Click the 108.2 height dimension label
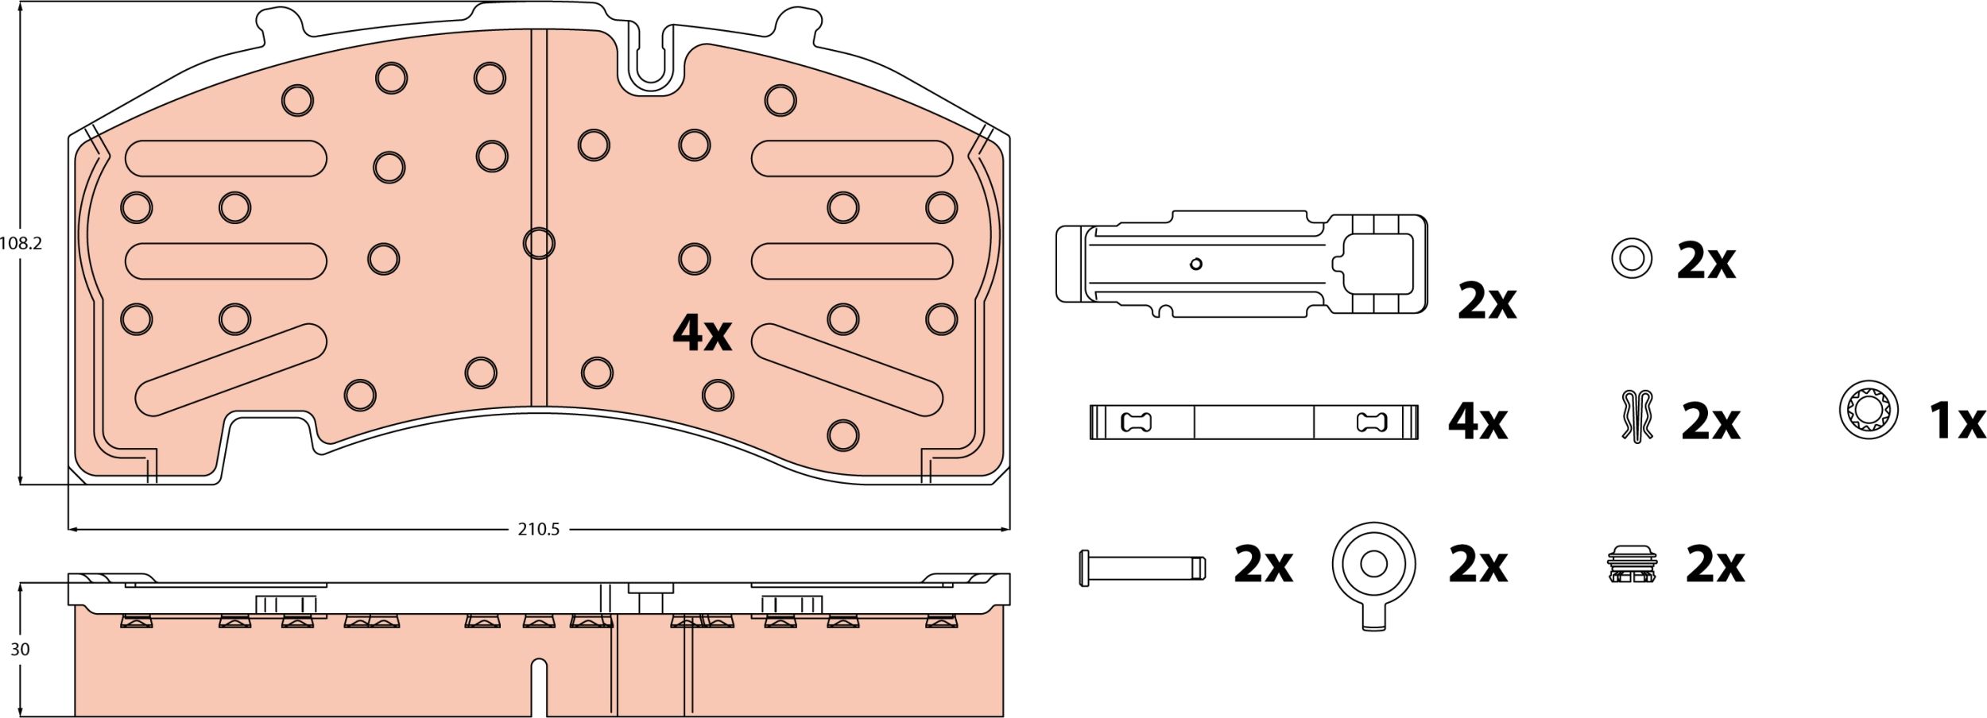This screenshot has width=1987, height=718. pos(21,244)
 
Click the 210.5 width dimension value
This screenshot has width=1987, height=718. pos(538,529)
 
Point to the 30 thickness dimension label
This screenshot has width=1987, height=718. pos(20,649)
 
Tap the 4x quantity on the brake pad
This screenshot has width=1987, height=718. pos(701,333)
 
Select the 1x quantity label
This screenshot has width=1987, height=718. pos(1957,421)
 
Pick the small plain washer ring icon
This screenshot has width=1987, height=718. pos(1631,258)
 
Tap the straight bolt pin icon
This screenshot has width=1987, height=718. pos(1142,567)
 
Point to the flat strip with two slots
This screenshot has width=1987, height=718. pos(1253,422)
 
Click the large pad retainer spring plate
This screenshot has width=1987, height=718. pos(1240,264)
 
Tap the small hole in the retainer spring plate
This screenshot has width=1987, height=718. pos(1195,264)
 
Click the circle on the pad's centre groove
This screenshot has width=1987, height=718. pos(539,243)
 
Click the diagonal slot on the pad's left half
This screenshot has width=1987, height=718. pos(230,369)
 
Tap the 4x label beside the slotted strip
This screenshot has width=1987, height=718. pos(1477,422)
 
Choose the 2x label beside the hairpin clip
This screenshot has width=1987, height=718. pos(1710,422)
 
